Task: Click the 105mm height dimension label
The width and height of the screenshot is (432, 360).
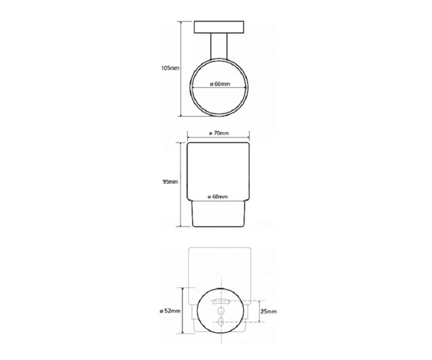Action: [x=170, y=68]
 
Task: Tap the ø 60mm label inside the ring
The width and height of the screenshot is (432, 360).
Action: [x=220, y=84]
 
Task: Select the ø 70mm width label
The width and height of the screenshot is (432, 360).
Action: [x=219, y=133]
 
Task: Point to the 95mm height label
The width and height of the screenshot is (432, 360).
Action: [x=170, y=182]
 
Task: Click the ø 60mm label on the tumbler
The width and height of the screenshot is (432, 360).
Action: [x=218, y=197]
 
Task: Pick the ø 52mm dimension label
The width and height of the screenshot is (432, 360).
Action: [x=170, y=311]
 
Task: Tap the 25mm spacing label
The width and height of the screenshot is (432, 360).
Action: [x=268, y=311]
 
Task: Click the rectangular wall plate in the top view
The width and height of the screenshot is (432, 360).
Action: [x=219, y=27]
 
